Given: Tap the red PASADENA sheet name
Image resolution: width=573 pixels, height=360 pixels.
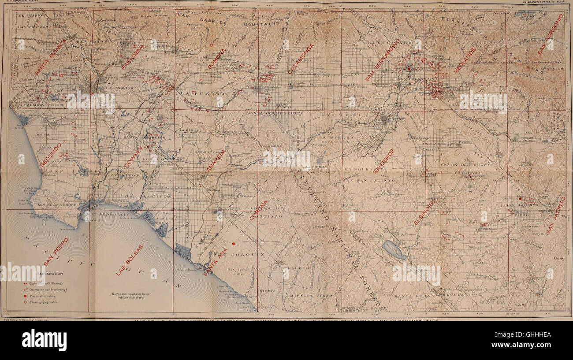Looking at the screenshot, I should pyautogui.click(x=133, y=57).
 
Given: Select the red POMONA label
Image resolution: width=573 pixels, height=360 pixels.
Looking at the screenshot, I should pyautogui.click(x=217, y=59).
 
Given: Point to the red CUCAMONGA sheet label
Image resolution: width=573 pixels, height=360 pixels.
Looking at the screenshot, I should pyautogui.click(x=301, y=59).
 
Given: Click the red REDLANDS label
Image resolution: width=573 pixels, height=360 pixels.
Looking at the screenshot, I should pyautogui.click(x=465, y=60).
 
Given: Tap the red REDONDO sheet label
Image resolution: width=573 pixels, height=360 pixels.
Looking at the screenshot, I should pyautogui.click(x=51, y=154).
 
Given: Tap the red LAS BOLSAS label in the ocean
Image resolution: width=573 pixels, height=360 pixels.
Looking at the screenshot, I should pyautogui.click(x=130, y=260).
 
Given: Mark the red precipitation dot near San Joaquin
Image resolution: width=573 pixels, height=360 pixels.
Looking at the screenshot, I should pyautogui.click(x=234, y=243).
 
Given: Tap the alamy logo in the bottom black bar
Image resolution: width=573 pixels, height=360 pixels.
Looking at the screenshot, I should pyautogui.click(x=44, y=340).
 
